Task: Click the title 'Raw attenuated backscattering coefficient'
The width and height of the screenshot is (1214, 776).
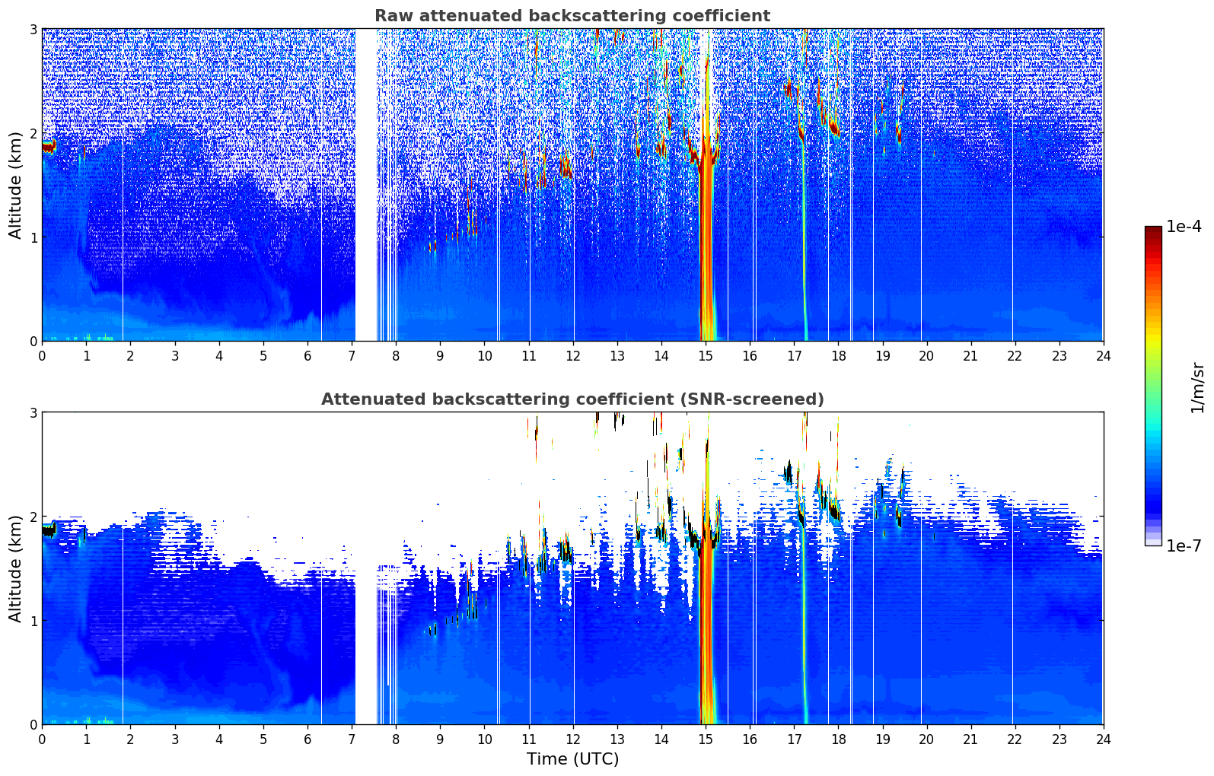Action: point(572,16)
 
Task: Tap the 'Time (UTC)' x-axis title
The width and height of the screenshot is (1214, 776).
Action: point(572,759)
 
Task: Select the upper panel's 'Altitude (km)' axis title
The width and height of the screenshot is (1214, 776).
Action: point(15,185)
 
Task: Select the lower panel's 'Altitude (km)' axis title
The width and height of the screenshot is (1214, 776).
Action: point(15,568)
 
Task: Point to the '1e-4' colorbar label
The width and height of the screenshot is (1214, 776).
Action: point(1184,227)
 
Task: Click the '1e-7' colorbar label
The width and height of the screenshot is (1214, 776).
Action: point(1184,545)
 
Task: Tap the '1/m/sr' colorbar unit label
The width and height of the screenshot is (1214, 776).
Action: point(1198,387)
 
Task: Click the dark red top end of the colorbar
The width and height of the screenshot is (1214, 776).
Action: point(1152,230)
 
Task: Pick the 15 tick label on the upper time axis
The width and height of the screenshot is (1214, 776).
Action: point(706,355)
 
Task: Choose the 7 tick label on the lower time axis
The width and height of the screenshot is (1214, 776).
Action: point(352,739)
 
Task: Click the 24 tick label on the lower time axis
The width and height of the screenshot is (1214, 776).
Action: point(1103,739)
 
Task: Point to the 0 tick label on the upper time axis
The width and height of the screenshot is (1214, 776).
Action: point(42,355)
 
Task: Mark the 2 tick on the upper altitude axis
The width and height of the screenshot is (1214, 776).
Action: point(33,133)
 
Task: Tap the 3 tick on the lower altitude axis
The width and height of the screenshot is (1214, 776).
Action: point(33,412)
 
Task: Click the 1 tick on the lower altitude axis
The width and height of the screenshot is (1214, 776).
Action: point(33,621)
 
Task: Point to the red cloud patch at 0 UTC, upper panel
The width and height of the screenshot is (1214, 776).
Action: point(48,146)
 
